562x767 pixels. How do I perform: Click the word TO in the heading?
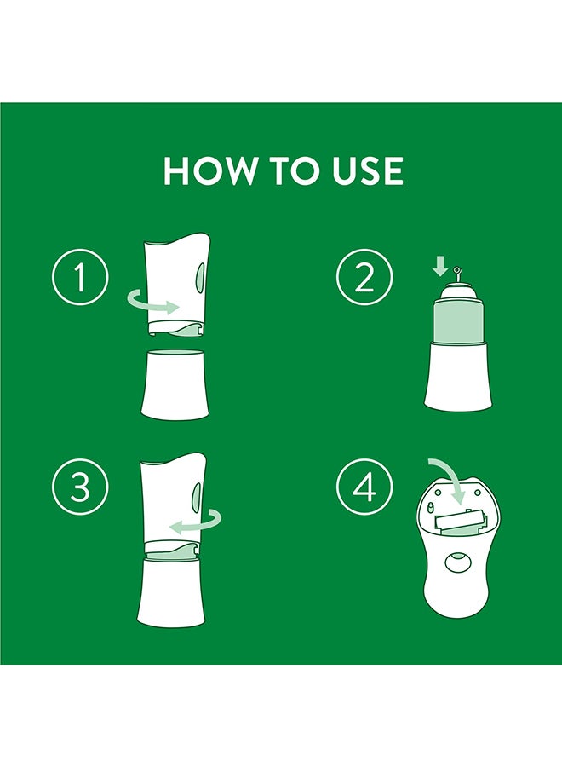coord(295,171)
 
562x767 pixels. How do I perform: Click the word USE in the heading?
coord(368,171)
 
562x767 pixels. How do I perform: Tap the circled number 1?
coord(80,277)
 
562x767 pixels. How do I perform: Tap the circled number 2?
coord(364,277)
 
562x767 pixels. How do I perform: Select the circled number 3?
coord(80,487)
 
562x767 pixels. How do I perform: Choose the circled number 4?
coord(364,487)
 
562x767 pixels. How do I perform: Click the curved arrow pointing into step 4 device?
coord(450,479)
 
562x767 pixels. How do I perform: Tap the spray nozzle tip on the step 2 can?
coord(457,269)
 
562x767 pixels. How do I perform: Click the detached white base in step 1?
coord(175,384)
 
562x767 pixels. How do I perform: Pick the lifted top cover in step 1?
coord(177,284)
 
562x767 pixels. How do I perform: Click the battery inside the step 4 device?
coord(459,522)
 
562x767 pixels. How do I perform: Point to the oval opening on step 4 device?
coord(458,562)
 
